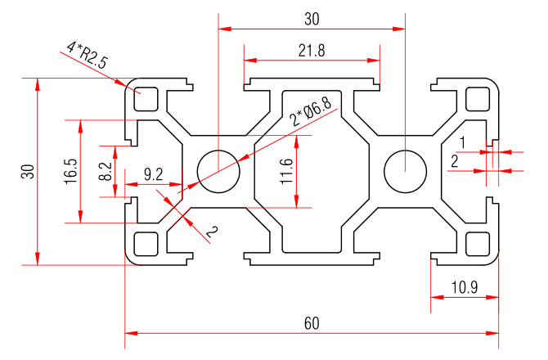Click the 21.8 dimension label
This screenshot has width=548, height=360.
point(312,50)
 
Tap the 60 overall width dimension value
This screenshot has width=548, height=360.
point(312,323)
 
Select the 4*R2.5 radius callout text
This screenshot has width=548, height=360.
point(84,56)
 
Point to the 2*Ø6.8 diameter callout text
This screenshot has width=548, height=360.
point(311,112)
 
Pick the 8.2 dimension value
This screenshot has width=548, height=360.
point(105,171)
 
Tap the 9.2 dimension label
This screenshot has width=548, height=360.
point(153,173)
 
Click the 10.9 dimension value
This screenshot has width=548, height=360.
point(464,287)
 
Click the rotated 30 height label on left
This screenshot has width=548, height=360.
point(27,171)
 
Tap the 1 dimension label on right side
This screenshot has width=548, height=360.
point(462,142)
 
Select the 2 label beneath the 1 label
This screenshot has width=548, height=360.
point(455,161)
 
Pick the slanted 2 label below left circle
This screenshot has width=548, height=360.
point(211,233)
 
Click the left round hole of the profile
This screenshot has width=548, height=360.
point(218,172)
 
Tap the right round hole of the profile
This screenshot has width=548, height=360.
point(405,172)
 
